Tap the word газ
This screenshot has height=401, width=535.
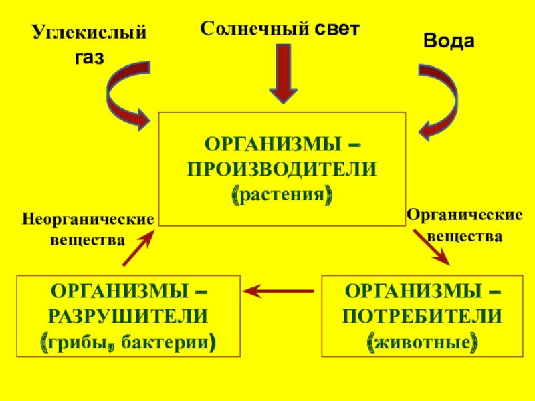[x=89, y=57]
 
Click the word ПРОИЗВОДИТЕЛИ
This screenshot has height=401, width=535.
[x=282, y=170]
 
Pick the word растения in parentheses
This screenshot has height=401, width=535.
[x=282, y=195]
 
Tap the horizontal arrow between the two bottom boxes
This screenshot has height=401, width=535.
[x=278, y=291]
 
